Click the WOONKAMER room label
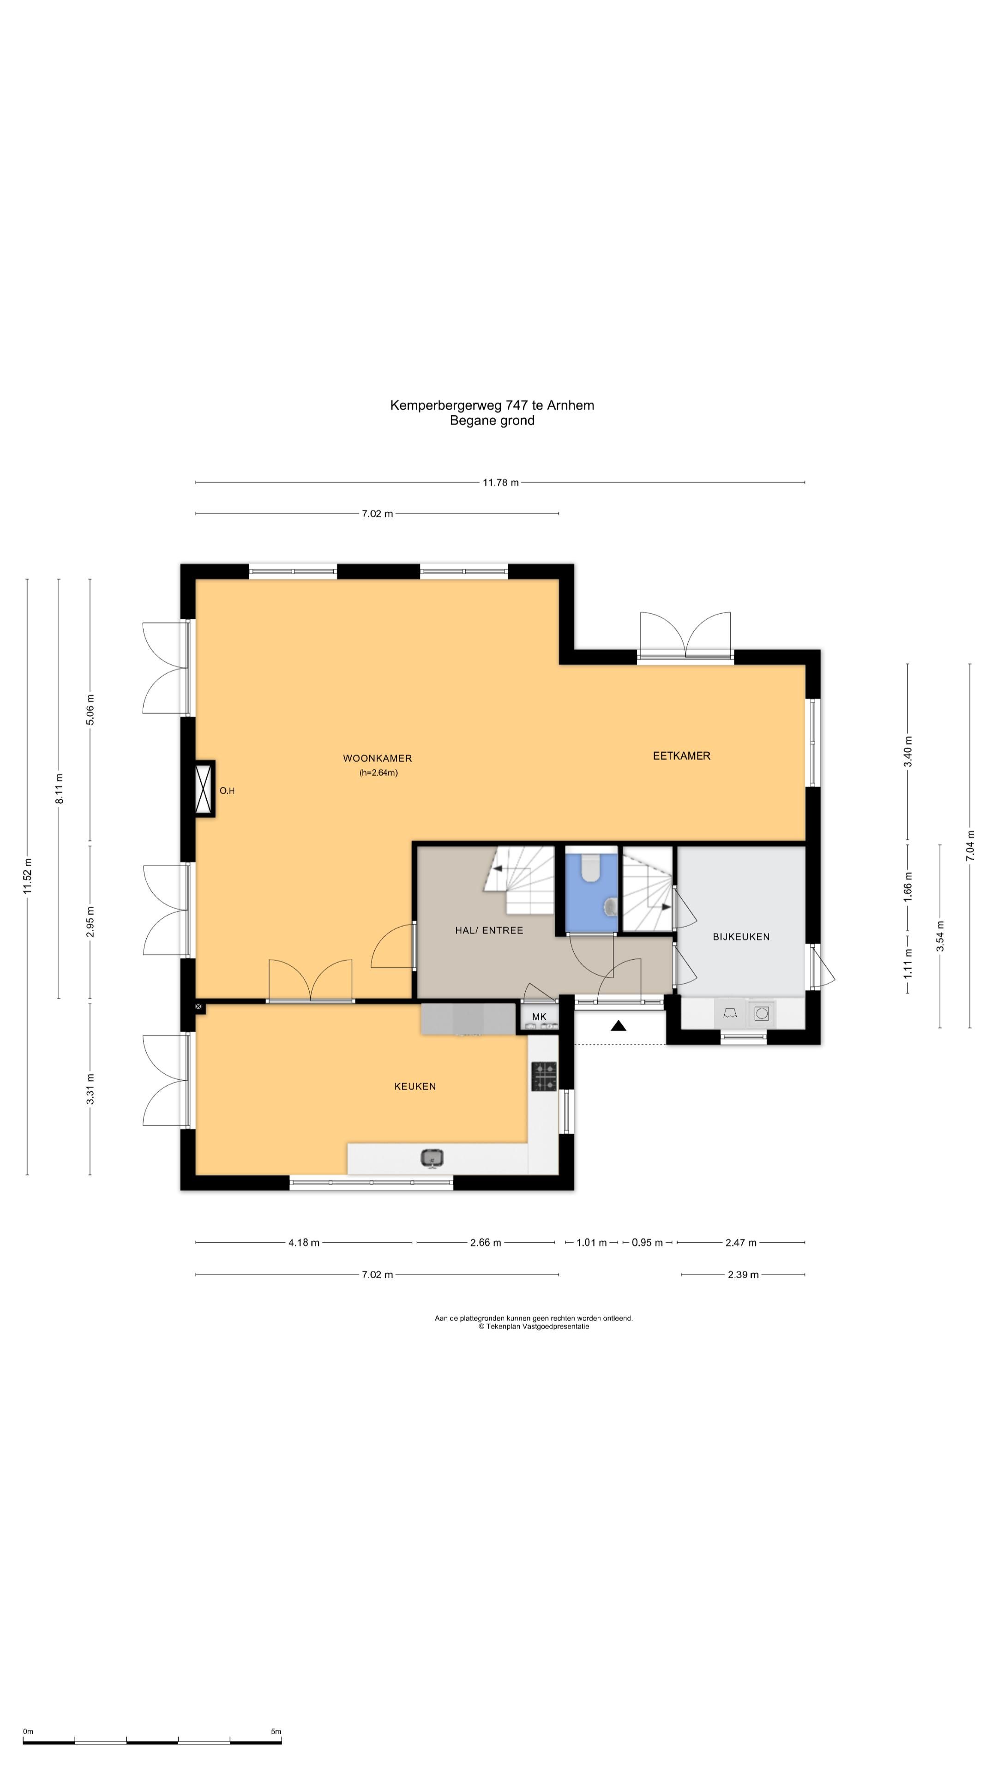click(x=377, y=758)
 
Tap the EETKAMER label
click(x=681, y=755)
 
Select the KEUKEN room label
click(x=415, y=1086)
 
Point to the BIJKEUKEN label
click(x=741, y=936)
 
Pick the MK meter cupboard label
click(x=539, y=1017)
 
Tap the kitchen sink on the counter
click(x=432, y=1158)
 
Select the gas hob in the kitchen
click(x=544, y=1077)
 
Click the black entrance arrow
click(x=619, y=1026)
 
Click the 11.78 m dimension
click(x=500, y=482)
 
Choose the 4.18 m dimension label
click(x=303, y=1242)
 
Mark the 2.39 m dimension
click(x=743, y=1275)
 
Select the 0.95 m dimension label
click(x=647, y=1242)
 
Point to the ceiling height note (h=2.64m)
click(x=378, y=772)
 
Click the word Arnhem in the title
click(x=571, y=405)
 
